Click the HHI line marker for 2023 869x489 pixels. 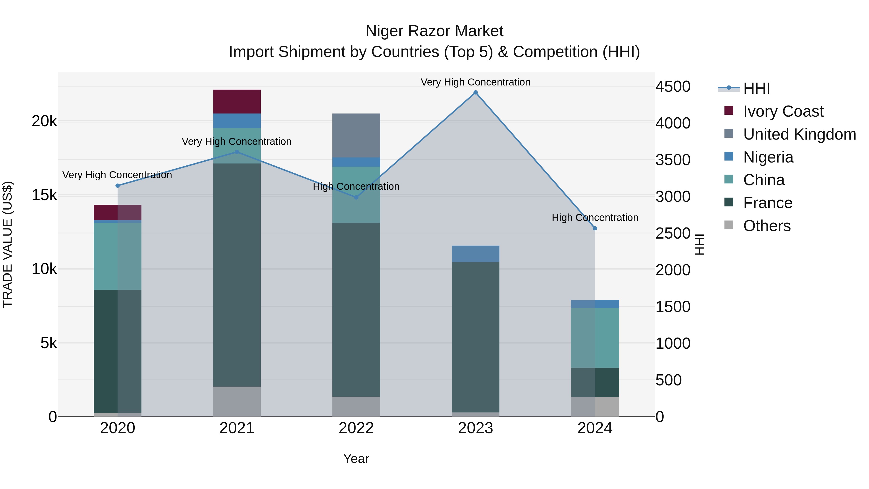[x=475, y=92]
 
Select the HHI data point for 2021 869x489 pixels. [x=237, y=152]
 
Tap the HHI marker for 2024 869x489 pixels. [x=595, y=228]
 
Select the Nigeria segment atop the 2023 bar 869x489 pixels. [x=475, y=254]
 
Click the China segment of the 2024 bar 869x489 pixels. [x=595, y=338]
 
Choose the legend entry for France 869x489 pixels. [x=767, y=203]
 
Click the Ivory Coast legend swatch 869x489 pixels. [x=729, y=111]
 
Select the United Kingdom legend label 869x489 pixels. [x=799, y=134]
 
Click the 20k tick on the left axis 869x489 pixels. [x=44, y=121]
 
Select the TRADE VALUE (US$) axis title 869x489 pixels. [x=8, y=244]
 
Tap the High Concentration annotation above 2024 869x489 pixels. [x=595, y=218]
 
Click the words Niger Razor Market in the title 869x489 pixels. [x=434, y=31]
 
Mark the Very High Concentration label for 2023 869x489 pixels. [x=475, y=82]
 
